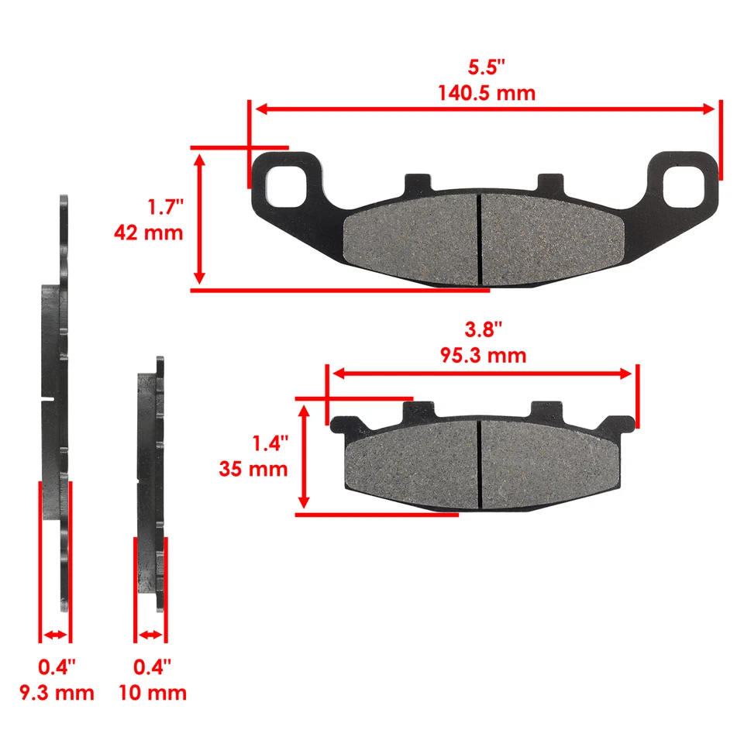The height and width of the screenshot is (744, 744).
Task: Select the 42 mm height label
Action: coord(148,232)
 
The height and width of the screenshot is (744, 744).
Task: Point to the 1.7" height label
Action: coord(165,207)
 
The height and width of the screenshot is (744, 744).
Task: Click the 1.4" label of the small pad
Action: coord(270,443)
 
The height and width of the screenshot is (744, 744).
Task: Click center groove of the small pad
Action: coord(480,463)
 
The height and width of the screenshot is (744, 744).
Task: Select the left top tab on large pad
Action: coord(417,184)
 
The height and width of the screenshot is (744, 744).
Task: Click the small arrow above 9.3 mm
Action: coord(55,635)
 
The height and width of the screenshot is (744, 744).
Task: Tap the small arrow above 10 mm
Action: coord(150,635)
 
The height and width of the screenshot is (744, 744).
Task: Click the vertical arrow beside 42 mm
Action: coord(200,219)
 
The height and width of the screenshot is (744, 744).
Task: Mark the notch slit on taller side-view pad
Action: coord(47,400)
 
